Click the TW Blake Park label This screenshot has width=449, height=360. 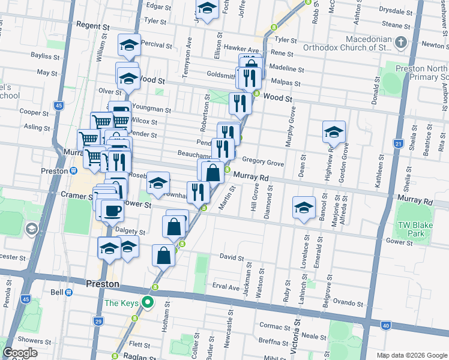pyautogui.click(x=411, y=229)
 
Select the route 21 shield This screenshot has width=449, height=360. pyautogui.click(x=398, y=143)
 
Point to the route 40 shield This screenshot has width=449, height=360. pyautogui.click(x=385, y=326)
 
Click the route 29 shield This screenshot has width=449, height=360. pyautogui.click(x=97, y=322)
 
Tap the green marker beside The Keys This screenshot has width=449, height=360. pyautogui.click(x=151, y=303)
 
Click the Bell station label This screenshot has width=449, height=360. pyautogui.click(x=56, y=292)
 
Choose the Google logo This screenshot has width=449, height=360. pyautogui.click(x=20, y=352)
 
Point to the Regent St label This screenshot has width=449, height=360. pyautogui.click(x=93, y=28)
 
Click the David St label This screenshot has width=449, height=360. pyautogui.click(x=231, y=257)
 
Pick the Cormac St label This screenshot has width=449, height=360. pyautogui.click(x=275, y=326)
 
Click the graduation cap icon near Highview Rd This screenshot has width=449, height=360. pyautogui.click(x=334, y=132)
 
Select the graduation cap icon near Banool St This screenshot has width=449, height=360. pyautogui.click(x=304, y=208)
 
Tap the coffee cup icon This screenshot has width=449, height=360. pyautogui.click(x=112, y=211)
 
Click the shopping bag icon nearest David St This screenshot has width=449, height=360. pyautogui.click(x=164, y=255)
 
